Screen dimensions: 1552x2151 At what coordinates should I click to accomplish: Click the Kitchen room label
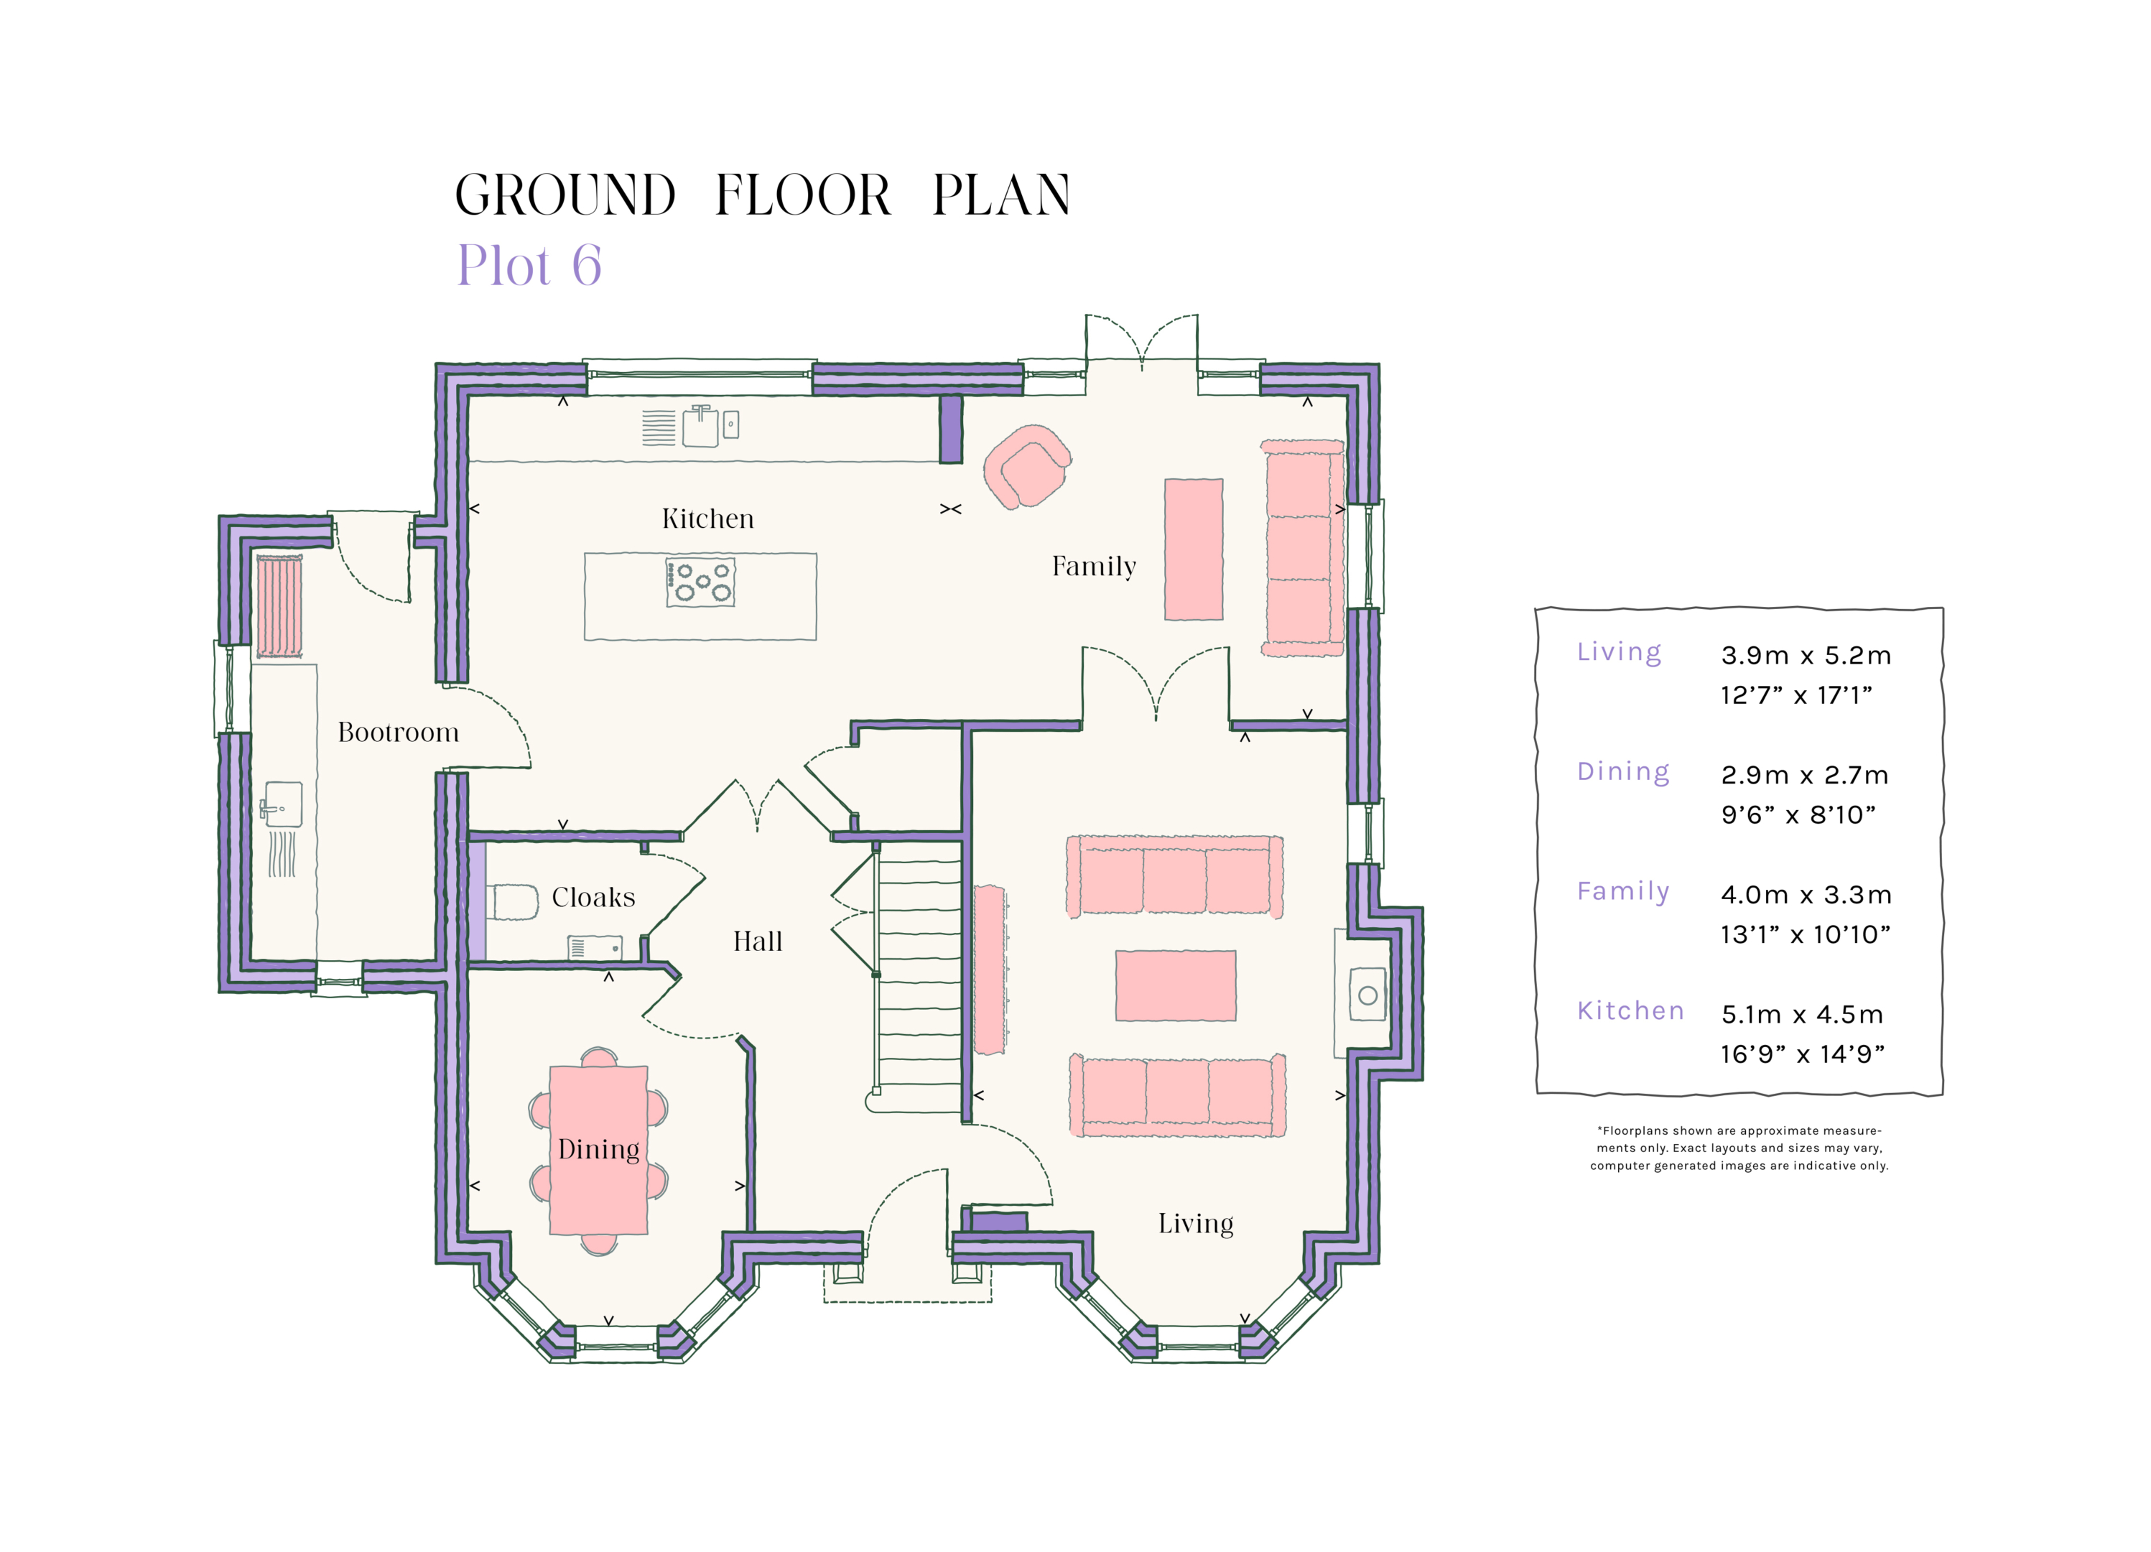click(x=707, y=519)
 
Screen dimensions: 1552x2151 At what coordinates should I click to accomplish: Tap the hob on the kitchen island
click(x=701, y=582)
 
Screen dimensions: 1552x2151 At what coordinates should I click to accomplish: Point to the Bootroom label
click(x=399, y=733)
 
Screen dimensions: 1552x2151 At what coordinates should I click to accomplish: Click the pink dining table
click(x=598, y=1150)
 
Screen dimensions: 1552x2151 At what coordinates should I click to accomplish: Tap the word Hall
click(x=757, y=942)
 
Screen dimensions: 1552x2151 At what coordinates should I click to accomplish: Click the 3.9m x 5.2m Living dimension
click(x=1805, y=656)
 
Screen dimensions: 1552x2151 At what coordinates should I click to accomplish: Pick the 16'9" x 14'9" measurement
click(x=1802, y=1054)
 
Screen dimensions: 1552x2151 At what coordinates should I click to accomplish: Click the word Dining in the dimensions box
click(x=1622, y=771)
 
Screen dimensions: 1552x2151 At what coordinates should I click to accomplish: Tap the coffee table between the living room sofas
click(x=1175, y=985)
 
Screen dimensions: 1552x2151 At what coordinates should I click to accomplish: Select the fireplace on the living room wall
click(x=1366, y=994)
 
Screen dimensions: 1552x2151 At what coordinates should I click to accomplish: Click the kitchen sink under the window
click(x=700, y=427)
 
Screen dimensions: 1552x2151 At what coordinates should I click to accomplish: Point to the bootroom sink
click(x=282, y=805)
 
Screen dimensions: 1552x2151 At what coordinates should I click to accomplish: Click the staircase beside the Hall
click(x=918, y=982)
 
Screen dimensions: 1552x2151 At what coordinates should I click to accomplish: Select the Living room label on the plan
click(x=1195, y=1224)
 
